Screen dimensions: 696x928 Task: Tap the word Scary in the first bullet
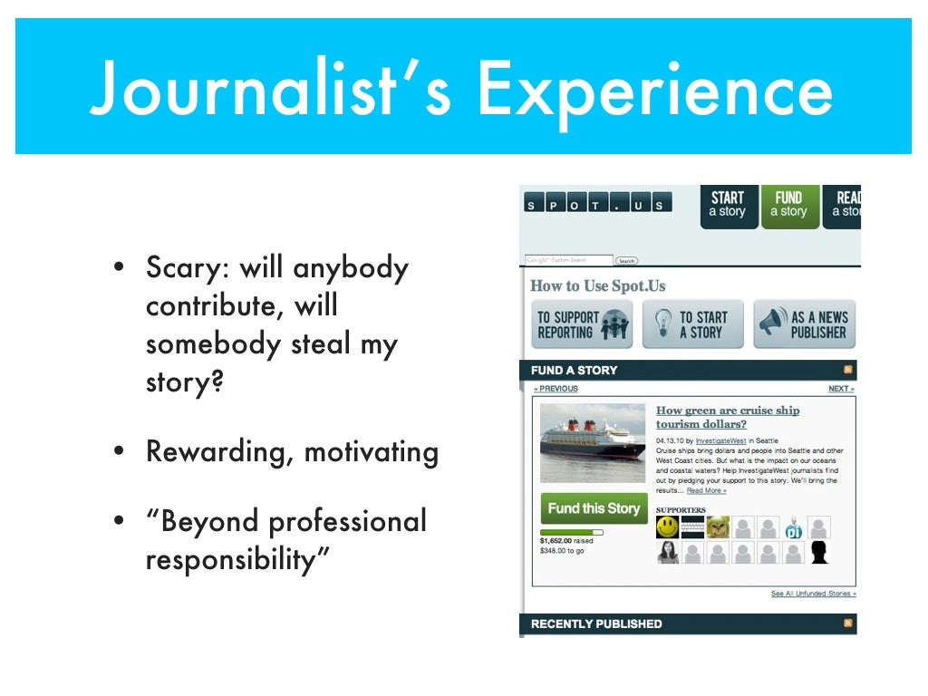pyautogui.click(x=185, y=268)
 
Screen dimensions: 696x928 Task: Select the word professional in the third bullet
pyautogui.click(x=348, y=521)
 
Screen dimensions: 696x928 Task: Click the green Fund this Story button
pyautogui.click(x=594, y=508)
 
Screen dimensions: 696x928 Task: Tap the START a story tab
pyautogui.click(x=728, y=206)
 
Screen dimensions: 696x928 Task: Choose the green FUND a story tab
pyautogui.click(x=788, y=206)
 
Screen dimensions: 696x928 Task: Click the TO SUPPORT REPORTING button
pyautogui.click(x=581, y=324)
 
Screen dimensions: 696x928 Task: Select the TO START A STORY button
pyautogui.click(x=692, y=324)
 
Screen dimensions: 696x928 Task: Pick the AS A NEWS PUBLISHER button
pyautogui.click(x=805, y=324)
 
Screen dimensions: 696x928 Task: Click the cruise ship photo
pyautogui.click(x=593, y=443)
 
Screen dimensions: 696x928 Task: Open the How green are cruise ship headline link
pyautogui.click(x=727, y=417)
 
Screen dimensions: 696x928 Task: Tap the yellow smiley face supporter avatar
pyautogui.click(x=668, y=527)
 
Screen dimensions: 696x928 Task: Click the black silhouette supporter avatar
pyautogui.click(x=819, y=553)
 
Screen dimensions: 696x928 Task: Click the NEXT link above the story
pyautogui.click(x=840, y=389)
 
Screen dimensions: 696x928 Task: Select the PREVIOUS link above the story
pyautogui.click(x=556, y=389)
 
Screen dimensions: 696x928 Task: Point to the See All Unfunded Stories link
pyautogui.click(x=813, y=594)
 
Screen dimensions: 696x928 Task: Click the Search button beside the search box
pyautogui.click(x=626, y=261)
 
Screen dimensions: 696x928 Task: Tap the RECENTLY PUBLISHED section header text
pyautogui.click(x=596, y=623)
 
